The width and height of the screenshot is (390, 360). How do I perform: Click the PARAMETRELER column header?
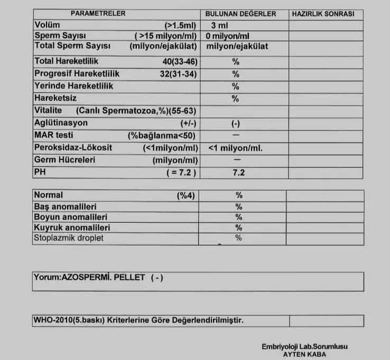coord(98,14)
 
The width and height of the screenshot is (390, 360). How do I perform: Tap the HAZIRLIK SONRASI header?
coord(323,14)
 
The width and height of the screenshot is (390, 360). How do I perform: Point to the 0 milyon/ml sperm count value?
coord(228,36)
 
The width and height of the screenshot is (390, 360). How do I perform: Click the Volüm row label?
coord(47,25)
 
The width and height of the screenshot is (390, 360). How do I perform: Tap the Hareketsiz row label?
coord(55,98)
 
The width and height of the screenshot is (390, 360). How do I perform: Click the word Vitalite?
coord(48,110)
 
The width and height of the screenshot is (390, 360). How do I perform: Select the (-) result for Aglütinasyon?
coord(236,124)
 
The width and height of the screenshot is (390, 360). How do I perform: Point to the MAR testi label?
coord(53,135)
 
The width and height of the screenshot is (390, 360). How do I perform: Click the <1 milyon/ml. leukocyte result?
coord(236,148)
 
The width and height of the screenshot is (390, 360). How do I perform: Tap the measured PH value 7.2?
coord(238,173)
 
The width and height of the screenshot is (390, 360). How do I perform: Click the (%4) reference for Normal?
coord(185,195)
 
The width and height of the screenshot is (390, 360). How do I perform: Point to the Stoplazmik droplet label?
coord(69,238)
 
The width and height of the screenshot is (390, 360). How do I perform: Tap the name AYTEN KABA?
coord(304,354)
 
